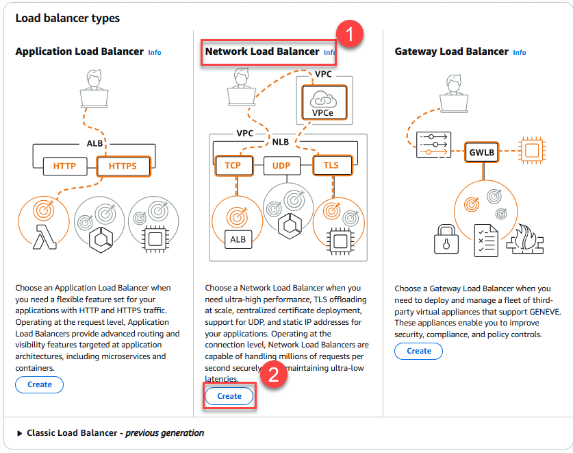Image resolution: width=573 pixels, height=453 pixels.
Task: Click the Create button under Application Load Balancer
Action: click(x=39, y=384)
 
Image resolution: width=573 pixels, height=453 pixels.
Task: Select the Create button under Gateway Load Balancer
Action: click(x=418, y=351)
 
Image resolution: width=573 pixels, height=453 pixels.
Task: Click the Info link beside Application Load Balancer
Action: click(x=155, y=53)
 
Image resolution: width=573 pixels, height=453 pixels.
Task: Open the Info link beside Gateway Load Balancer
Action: click(x=520, y=53)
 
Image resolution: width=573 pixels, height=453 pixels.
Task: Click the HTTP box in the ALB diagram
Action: click(x=64, y=166)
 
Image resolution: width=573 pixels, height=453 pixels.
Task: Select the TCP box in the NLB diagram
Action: click(x=233, y=165)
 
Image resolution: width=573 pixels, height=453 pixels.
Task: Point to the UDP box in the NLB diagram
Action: click(x=282, y=165)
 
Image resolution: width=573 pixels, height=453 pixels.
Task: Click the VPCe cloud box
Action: click(x=322, y=103)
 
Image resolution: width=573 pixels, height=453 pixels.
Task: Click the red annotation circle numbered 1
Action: click(x=350, y=34)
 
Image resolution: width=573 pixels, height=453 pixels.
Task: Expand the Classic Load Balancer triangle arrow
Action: click(x=19, y=433)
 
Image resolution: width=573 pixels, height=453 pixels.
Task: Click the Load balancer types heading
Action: click(x=67, y=19)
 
